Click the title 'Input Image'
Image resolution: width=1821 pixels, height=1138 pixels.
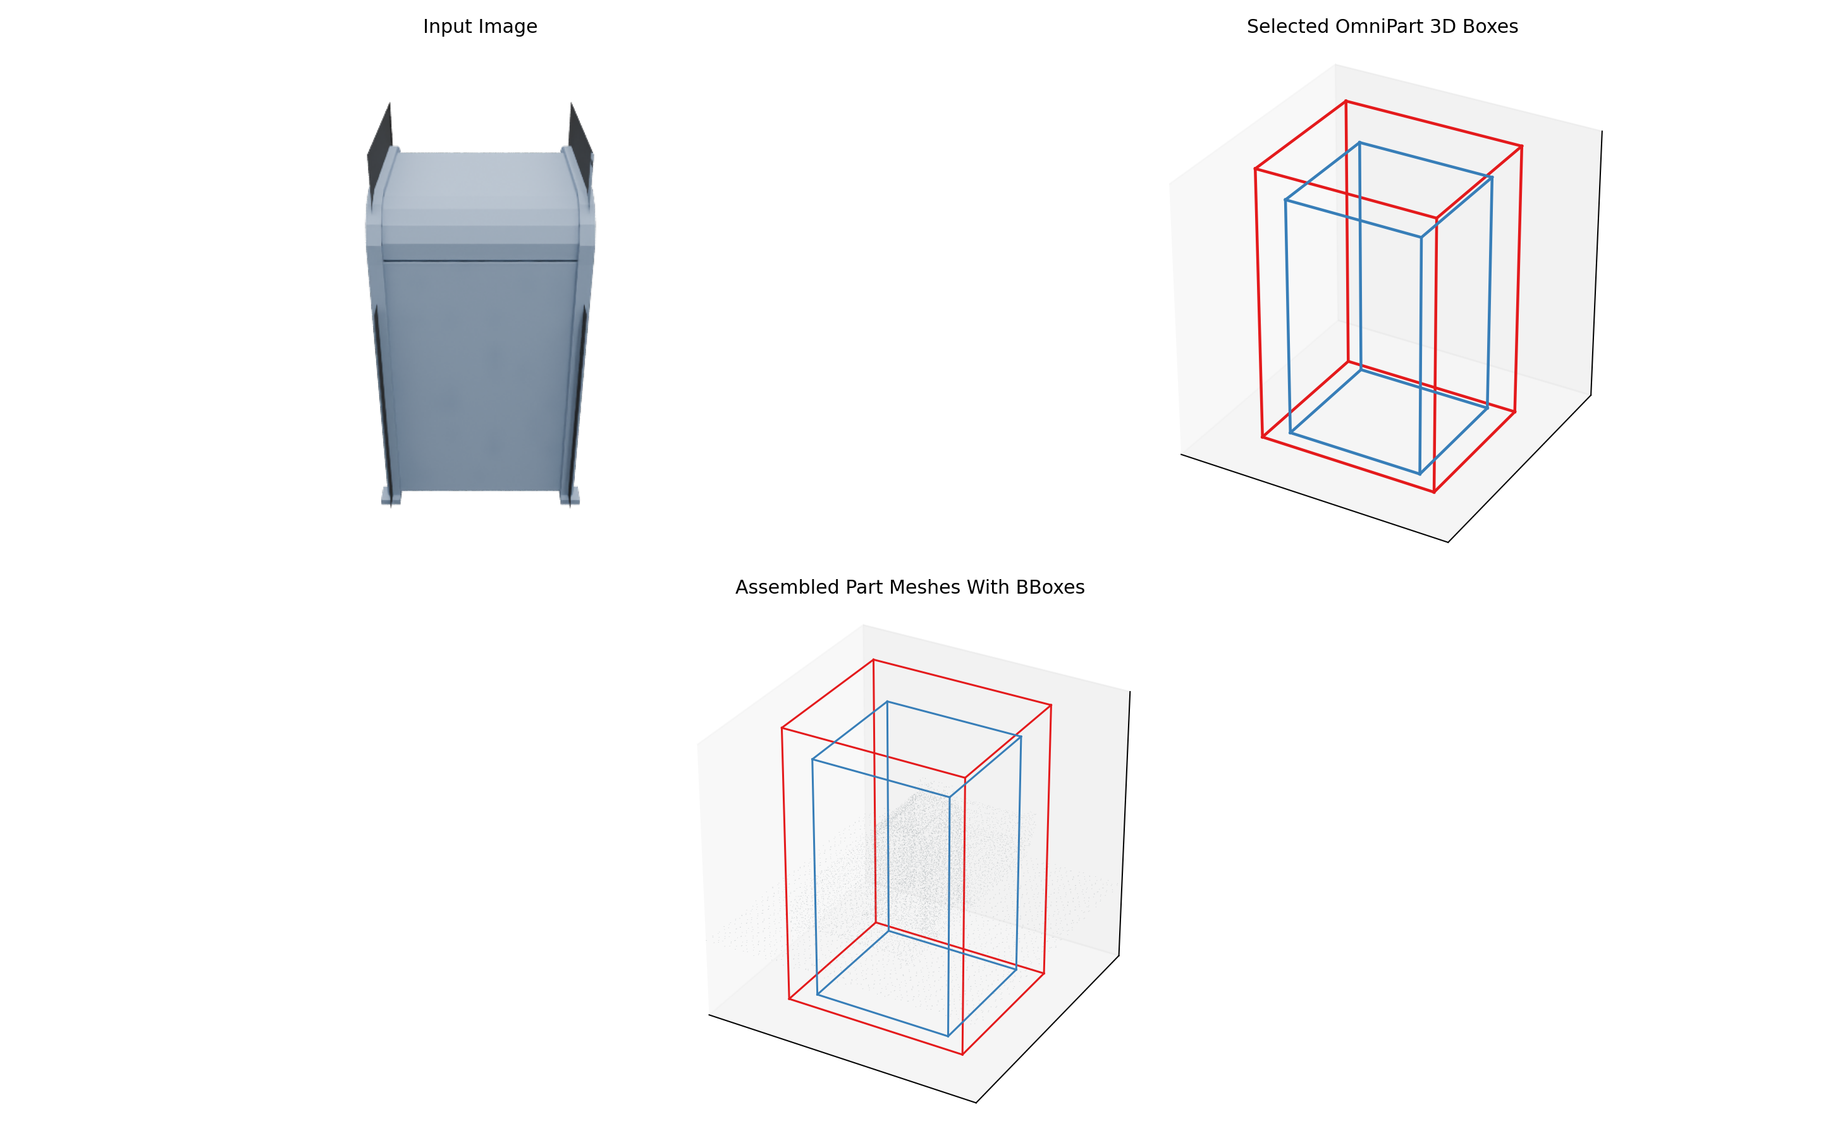tap(480, 27)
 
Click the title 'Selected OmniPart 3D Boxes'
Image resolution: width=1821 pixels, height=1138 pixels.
tap(1382, 27)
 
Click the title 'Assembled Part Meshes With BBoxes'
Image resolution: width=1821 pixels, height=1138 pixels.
tap(910, 587)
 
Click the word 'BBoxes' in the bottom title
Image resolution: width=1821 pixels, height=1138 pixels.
tap(1050, 587)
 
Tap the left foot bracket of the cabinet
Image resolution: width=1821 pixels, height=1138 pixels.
tap(389, 497)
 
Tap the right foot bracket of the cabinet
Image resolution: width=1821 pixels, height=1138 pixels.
tap(570, 497)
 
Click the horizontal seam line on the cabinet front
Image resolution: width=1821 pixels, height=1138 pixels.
tap(480, 261)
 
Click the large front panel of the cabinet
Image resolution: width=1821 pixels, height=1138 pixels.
tap(480, 376)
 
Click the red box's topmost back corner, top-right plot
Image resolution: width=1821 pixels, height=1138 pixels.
tap(1346, 101)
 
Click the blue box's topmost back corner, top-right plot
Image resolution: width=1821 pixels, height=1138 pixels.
tap(1359, 142)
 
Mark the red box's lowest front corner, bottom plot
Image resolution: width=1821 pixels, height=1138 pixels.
tap(962, 1055)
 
